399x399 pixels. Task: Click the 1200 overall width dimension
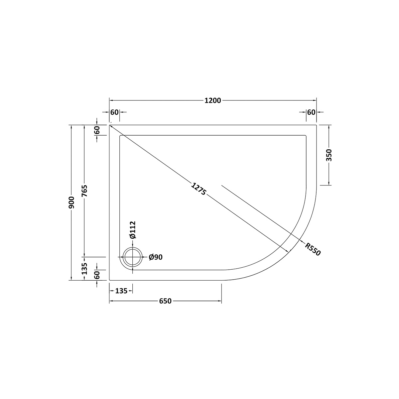coord(213,101)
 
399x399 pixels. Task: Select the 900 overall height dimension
coord(71,202)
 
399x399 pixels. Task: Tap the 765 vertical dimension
coord(84,191)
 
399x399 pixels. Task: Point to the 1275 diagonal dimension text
coord(199,189)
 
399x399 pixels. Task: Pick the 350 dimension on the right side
coord(329,155)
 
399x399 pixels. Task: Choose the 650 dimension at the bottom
coord(165,301)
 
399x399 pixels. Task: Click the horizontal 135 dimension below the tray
coord(121,291)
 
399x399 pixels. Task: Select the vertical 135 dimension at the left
coord(84,269)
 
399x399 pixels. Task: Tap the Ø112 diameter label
coord(133,230)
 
